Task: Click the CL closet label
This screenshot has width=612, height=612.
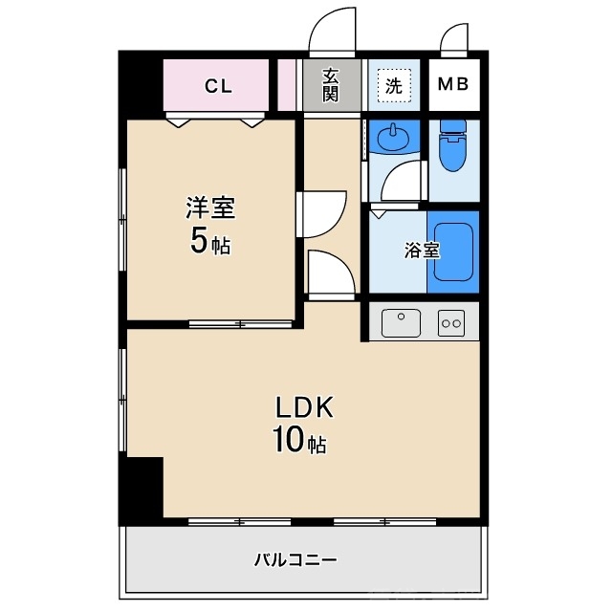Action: tap(218, 86)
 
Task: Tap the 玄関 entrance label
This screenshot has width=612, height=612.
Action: tap(330, 85)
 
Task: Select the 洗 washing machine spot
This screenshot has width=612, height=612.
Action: tap(393, 85)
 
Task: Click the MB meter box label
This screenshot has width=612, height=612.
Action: tap(452, 85)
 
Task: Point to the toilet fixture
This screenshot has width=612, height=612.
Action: tap(450, 149)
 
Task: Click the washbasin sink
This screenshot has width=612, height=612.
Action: tap(392, 140)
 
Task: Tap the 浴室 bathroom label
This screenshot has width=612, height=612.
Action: tap(423, 251)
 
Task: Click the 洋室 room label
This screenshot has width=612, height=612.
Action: tap(210, 208)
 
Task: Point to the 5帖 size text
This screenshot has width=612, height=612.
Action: tap(210, 242)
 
